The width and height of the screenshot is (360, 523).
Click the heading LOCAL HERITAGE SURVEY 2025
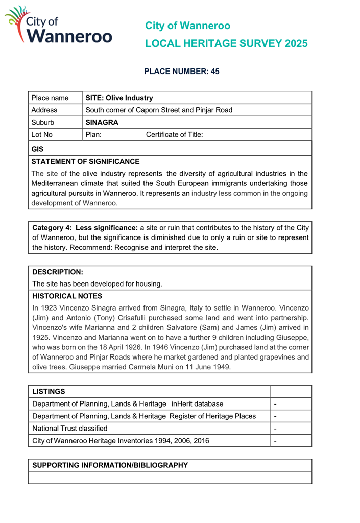coord(226,44)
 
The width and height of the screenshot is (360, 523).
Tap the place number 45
coord(214,72)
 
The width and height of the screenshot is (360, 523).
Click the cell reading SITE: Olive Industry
coord(119,98)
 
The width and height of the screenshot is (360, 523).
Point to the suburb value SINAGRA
coord(102,123)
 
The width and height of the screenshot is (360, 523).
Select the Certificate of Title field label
coord(174,135)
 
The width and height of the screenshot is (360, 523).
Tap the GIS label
coord(37,149)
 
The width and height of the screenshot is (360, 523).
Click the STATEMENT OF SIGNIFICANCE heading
coord(85,161)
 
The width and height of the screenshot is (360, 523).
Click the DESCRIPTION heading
coord(57,272)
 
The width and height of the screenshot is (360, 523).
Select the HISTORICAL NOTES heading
coord(67,296)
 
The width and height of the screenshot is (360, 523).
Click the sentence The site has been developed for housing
coord(97,283)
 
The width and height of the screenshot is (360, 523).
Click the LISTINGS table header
coord(49,391)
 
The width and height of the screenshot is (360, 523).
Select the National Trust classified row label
coord(70,428)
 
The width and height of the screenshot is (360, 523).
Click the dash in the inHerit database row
coord(276,404)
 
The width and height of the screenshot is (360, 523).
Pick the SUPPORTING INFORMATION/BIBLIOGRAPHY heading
coord(110,465)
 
